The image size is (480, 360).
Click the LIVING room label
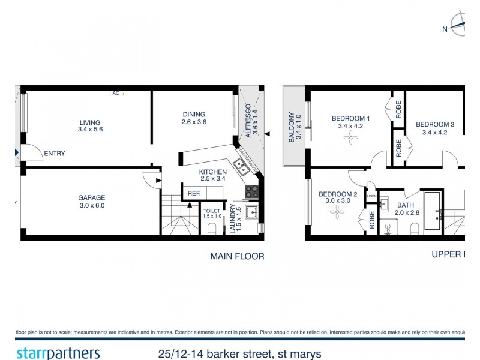[x=89, y=122]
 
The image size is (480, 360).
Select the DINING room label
[x=194, y=114]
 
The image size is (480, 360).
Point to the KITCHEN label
[x=213, y=172]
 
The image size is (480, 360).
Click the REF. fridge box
[x=194, y=193]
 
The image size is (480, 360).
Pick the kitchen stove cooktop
[x=251, y=192]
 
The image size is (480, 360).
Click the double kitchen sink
[x=242, y=166]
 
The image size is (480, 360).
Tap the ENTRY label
[x=55, y=154]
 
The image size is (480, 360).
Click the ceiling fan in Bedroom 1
[x=350, y=138]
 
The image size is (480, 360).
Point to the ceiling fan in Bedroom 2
[x=337, y=213]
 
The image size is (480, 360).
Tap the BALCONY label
[x=292, y=127]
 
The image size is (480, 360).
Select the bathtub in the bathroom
[x=432, y=211]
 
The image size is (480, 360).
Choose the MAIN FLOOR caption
[x=237, y=256]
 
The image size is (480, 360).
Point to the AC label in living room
[x=116, y=93]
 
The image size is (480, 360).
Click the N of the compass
[x=445, y=29]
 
